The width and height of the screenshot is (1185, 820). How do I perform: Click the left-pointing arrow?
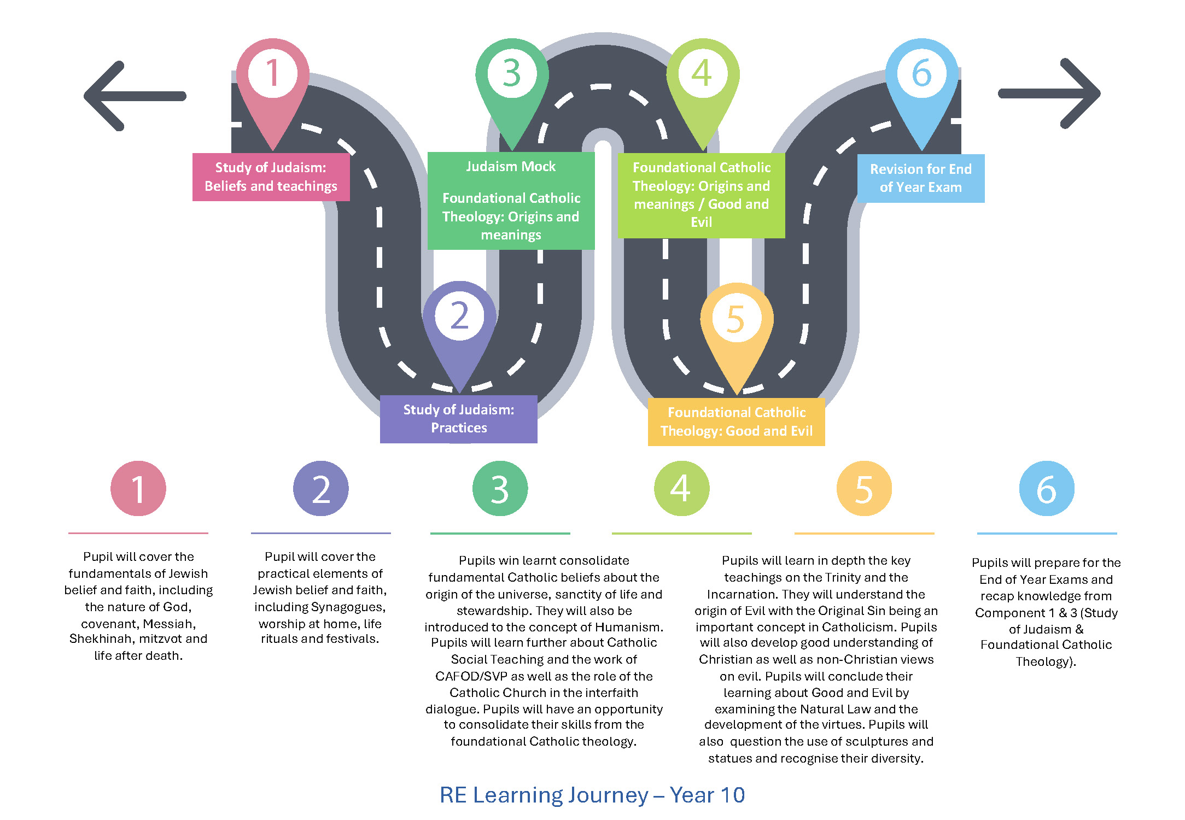click(135, 96)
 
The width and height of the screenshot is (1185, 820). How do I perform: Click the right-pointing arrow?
click(1050, 93)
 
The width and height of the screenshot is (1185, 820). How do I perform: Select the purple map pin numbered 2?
click(459, 323)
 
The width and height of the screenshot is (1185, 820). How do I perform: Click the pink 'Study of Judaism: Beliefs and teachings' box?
click(271, 177)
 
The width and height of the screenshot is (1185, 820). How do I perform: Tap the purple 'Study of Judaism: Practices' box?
click(458, 419)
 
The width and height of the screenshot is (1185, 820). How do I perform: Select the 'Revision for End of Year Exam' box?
click(921, 178)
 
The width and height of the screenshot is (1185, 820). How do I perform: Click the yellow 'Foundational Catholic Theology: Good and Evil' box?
click(736, 421)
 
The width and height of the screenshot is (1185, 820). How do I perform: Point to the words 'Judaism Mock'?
click(511, 166)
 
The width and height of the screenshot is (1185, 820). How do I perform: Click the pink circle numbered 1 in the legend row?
click(138, 488)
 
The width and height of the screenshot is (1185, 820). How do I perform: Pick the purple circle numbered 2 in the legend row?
click(321, 488)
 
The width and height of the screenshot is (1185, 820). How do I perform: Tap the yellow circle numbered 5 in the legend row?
click(864, 488)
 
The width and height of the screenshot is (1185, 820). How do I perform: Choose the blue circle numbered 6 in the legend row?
click(1047, 488)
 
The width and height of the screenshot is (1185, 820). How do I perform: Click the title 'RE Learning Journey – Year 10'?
click(592, 795)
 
